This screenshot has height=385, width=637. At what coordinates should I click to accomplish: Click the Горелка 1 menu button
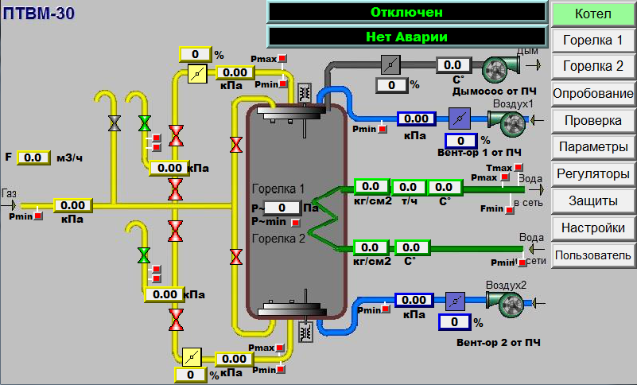tap(592, 41)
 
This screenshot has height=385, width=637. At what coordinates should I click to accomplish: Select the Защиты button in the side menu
tap(592, 200)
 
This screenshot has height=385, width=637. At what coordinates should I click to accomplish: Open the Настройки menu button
tap(592, 227)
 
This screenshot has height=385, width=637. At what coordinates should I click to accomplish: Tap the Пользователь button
tap(592, 255)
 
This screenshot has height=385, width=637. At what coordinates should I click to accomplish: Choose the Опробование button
tap(592, 94)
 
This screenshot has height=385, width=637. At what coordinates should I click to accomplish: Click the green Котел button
tap(592, 14)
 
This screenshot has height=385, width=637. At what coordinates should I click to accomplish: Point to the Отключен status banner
tap(406, 12)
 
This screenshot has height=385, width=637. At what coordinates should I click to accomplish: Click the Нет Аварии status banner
tap(406, 37)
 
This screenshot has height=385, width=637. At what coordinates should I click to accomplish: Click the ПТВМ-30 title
tap(39, 14)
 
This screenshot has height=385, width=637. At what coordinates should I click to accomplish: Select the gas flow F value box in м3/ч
tap(33, 157)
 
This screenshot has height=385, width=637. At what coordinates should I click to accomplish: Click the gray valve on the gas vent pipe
tap(115, 122)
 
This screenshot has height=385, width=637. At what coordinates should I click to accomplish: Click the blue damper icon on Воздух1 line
tap(460, 119)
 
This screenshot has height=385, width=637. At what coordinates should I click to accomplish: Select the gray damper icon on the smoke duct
tap(390, 65)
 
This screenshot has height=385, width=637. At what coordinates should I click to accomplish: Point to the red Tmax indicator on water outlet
tap(518, 168)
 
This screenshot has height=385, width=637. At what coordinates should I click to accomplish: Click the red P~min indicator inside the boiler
tap(296, 223)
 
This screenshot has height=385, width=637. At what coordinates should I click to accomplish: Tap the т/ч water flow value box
tap(407, 187)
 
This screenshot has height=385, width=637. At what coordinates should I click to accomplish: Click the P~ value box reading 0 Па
tap(282, 208)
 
